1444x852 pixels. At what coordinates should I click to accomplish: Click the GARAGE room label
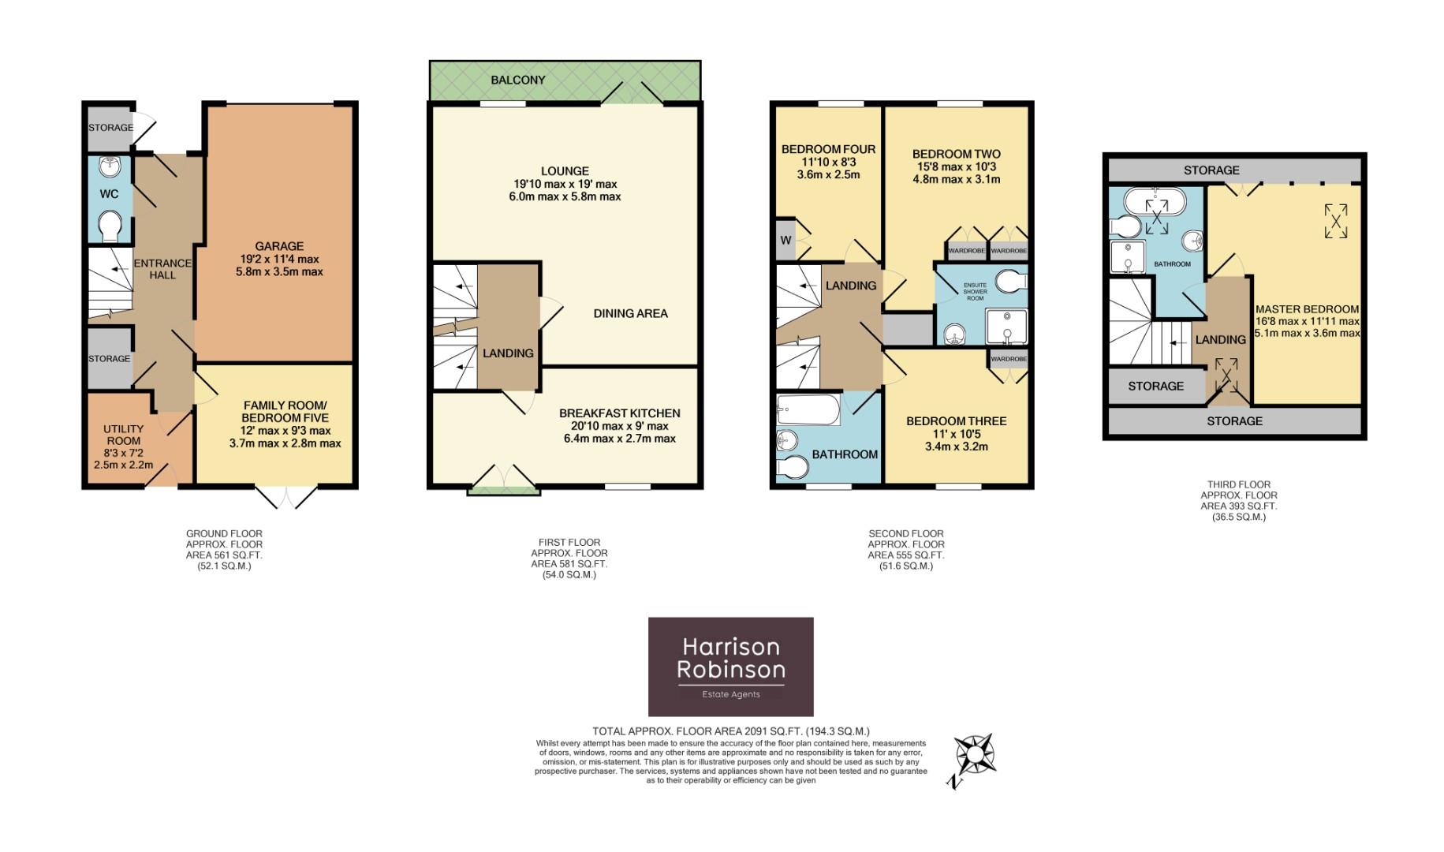(x=279, y=246)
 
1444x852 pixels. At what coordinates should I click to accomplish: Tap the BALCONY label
(x=517, y=80)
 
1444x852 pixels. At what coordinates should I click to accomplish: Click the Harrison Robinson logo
(x=730, y=667)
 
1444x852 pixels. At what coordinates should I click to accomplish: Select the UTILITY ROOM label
(x=124, y=435)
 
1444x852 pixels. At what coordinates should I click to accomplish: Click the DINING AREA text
(x=630, y=313)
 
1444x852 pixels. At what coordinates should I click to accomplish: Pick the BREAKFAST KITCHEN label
(x=619, y=413)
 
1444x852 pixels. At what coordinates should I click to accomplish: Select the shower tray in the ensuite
(x=1006, y=327)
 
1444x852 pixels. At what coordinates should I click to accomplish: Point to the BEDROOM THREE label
(x=956, y=420)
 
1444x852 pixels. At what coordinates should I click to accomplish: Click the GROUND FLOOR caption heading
(x=224, y=533)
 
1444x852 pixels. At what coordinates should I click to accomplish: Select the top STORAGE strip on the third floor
(x=1211, y=170)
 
